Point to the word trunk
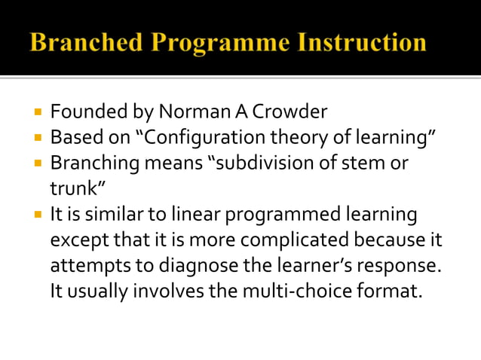[x=74, y=188]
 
